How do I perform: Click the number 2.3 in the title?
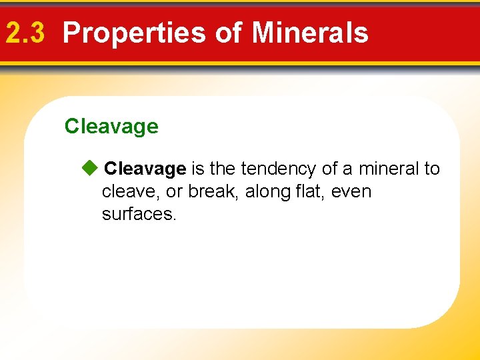[x=25, y=32]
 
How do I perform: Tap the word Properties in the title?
[x=133, y=32]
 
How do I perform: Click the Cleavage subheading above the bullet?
[x=111, y=126]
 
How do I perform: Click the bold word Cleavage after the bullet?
[x=145, y=169]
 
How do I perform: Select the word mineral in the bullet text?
[x=389, y=169]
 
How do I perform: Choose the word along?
[x=265, y=192]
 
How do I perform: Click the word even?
[x=351, y=192]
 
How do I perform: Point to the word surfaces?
[x=139, y=215]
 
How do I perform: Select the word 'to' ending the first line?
[x=432, y=169]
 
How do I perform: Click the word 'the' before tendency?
[x=223, y=169]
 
